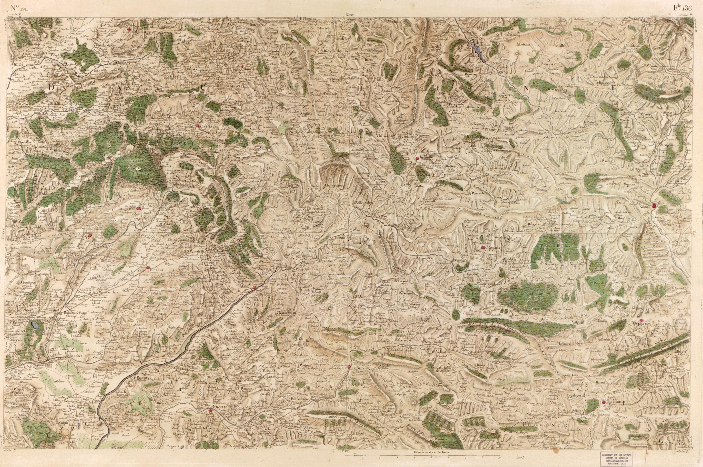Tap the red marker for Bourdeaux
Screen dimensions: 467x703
(x=243, y=67)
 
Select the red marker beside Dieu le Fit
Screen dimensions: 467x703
(x=198, y=125)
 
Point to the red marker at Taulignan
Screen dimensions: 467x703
(x=138, y=209)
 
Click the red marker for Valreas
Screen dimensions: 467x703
(x=148, y=268)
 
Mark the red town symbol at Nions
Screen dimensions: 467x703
(x=255, y=287)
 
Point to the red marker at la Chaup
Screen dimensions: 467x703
(x=604, y=402)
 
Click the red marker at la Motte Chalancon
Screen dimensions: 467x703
(x=417, y=158)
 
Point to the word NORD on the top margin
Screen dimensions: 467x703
(x=350, y=15)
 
